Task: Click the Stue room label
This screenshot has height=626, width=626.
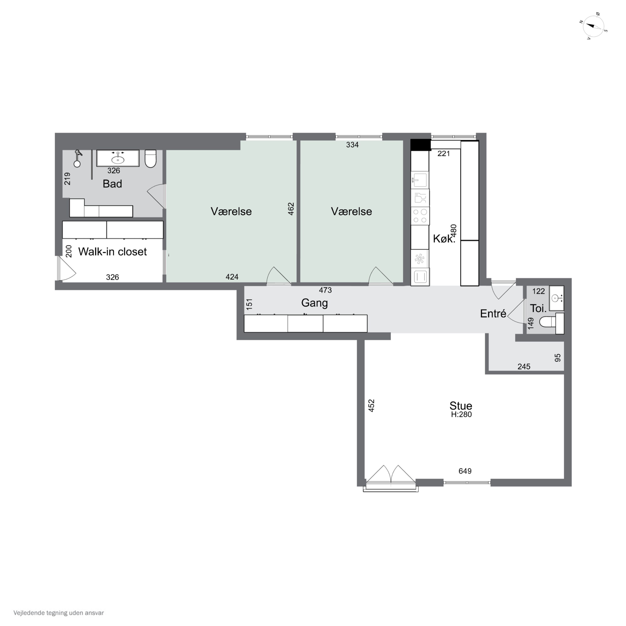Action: point(461,405)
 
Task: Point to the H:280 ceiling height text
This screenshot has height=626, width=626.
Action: point(461,414)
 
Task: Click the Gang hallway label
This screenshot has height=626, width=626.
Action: point(314,303)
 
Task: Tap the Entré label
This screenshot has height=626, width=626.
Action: point(493,313)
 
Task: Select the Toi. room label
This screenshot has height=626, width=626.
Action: point(538,308)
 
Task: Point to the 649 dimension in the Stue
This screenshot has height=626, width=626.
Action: point(465,471)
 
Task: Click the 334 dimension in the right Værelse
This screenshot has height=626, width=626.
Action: point(352,145)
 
